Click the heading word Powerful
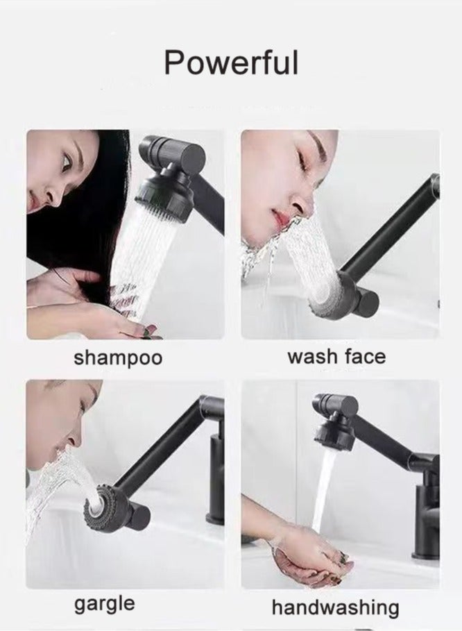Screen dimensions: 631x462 click(231, 63)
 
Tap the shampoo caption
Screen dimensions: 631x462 click(118, 358)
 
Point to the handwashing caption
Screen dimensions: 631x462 click(335, 608)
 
